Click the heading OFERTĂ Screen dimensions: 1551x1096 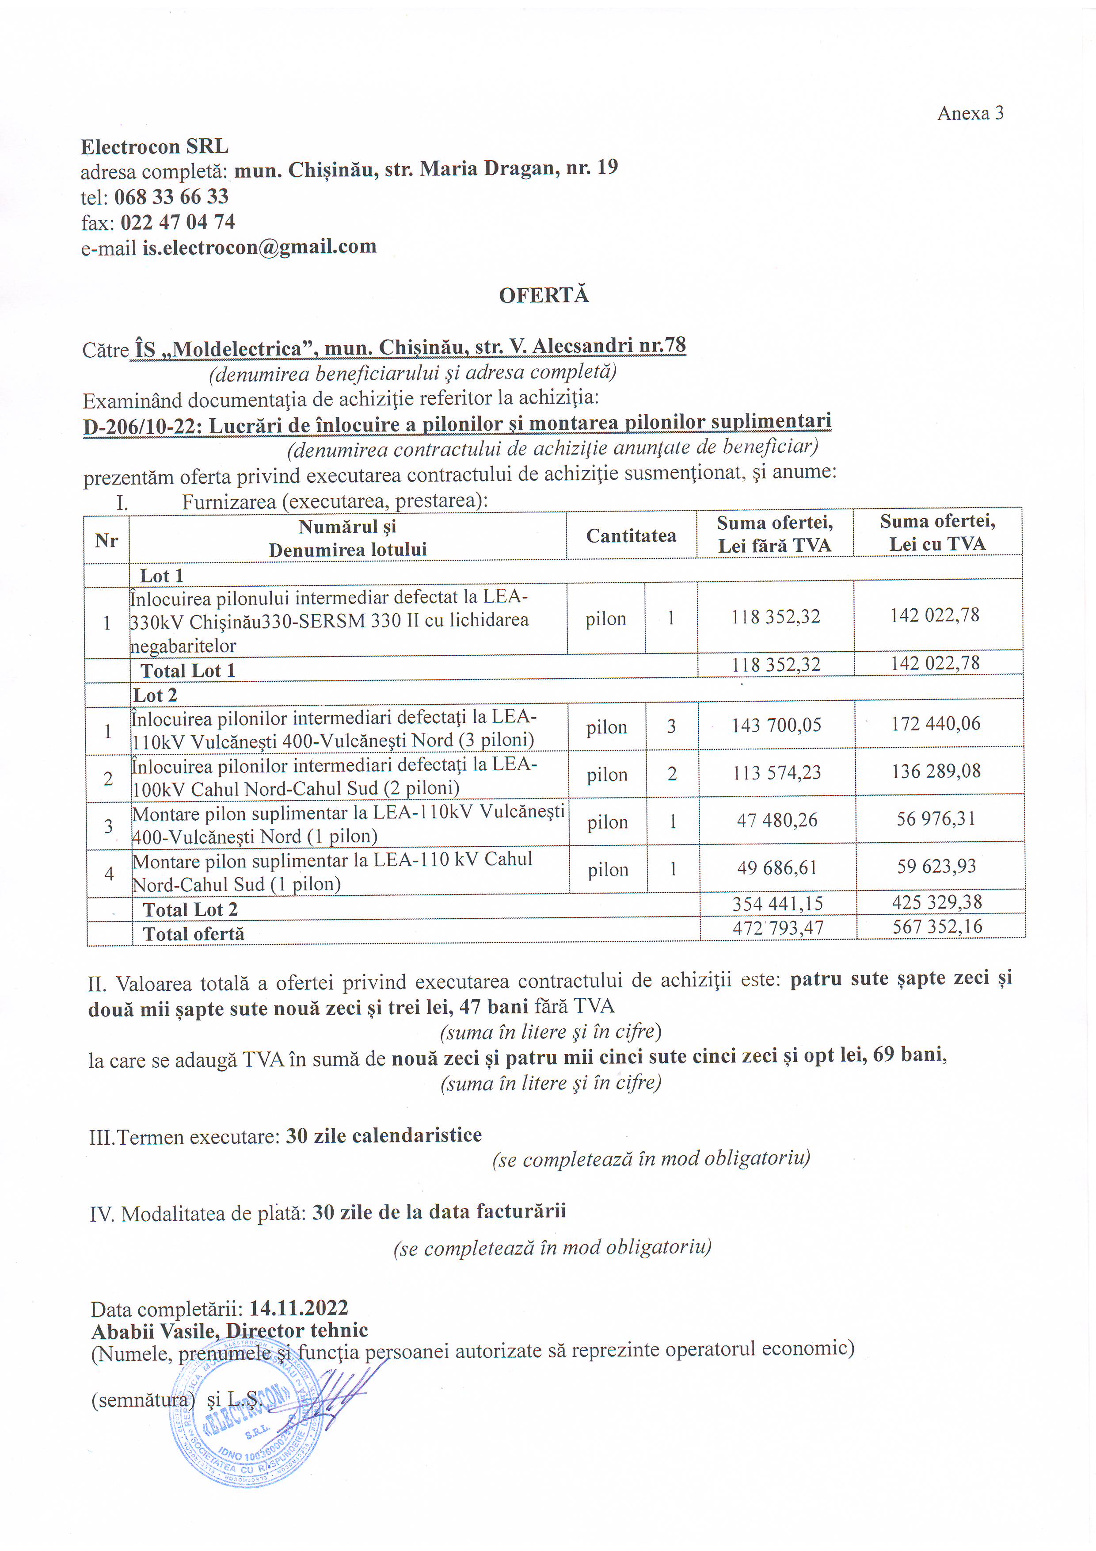tap(544, 295)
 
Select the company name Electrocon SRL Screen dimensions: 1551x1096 tap(155, 147)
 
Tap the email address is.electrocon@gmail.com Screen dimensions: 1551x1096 tap(259, 247)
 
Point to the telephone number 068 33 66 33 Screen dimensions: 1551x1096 tap(171, 197)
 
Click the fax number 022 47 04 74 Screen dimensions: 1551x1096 tap(178, 222)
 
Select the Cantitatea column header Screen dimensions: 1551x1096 tap(631, 536)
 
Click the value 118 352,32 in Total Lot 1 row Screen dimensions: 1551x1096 tap(776, 665)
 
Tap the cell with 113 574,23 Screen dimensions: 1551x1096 tap(776, 773)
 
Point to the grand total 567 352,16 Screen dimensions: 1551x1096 tap(937, 927)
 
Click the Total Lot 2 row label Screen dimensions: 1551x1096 tap(190, 910)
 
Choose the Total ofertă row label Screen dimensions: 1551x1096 tap(194, 934)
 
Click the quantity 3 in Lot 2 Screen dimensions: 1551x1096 tap(671, 726)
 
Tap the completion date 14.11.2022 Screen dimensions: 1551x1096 tap(298, 1308)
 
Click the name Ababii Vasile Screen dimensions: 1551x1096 tap(155, 1331)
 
